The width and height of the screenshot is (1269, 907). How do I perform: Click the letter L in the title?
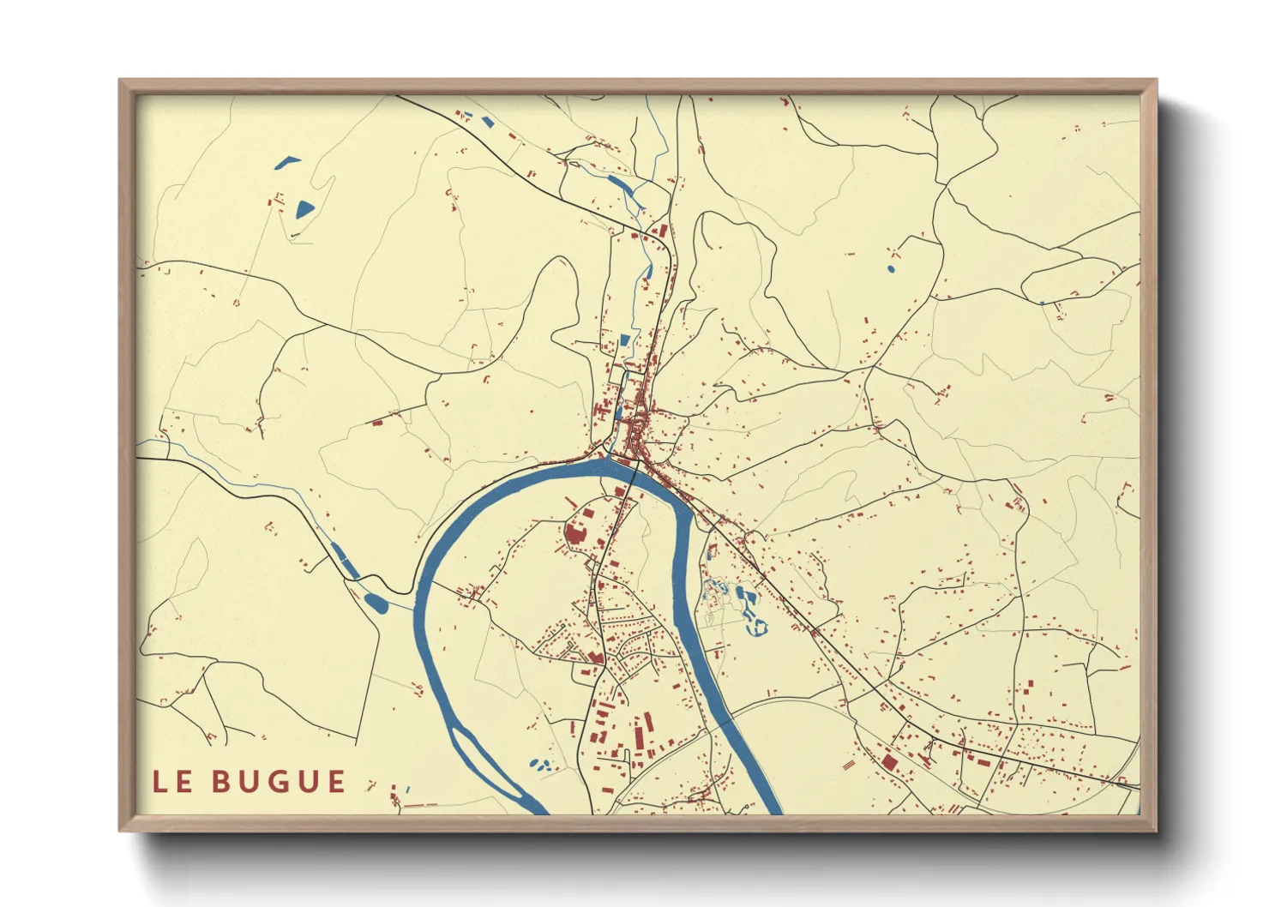[160, 782]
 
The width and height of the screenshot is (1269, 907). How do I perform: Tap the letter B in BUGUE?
[222, 782]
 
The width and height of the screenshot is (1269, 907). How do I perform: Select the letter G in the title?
[279, 782]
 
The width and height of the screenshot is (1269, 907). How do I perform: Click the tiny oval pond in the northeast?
[890, 269]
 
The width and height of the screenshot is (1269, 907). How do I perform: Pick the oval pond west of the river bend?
[376, 602]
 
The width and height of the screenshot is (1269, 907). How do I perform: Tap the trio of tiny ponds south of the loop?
[538, 763]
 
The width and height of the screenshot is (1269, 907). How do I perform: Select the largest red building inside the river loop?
[574, 534]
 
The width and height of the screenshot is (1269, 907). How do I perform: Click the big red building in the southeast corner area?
[888, 761]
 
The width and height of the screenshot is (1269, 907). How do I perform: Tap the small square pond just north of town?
[624, 339]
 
